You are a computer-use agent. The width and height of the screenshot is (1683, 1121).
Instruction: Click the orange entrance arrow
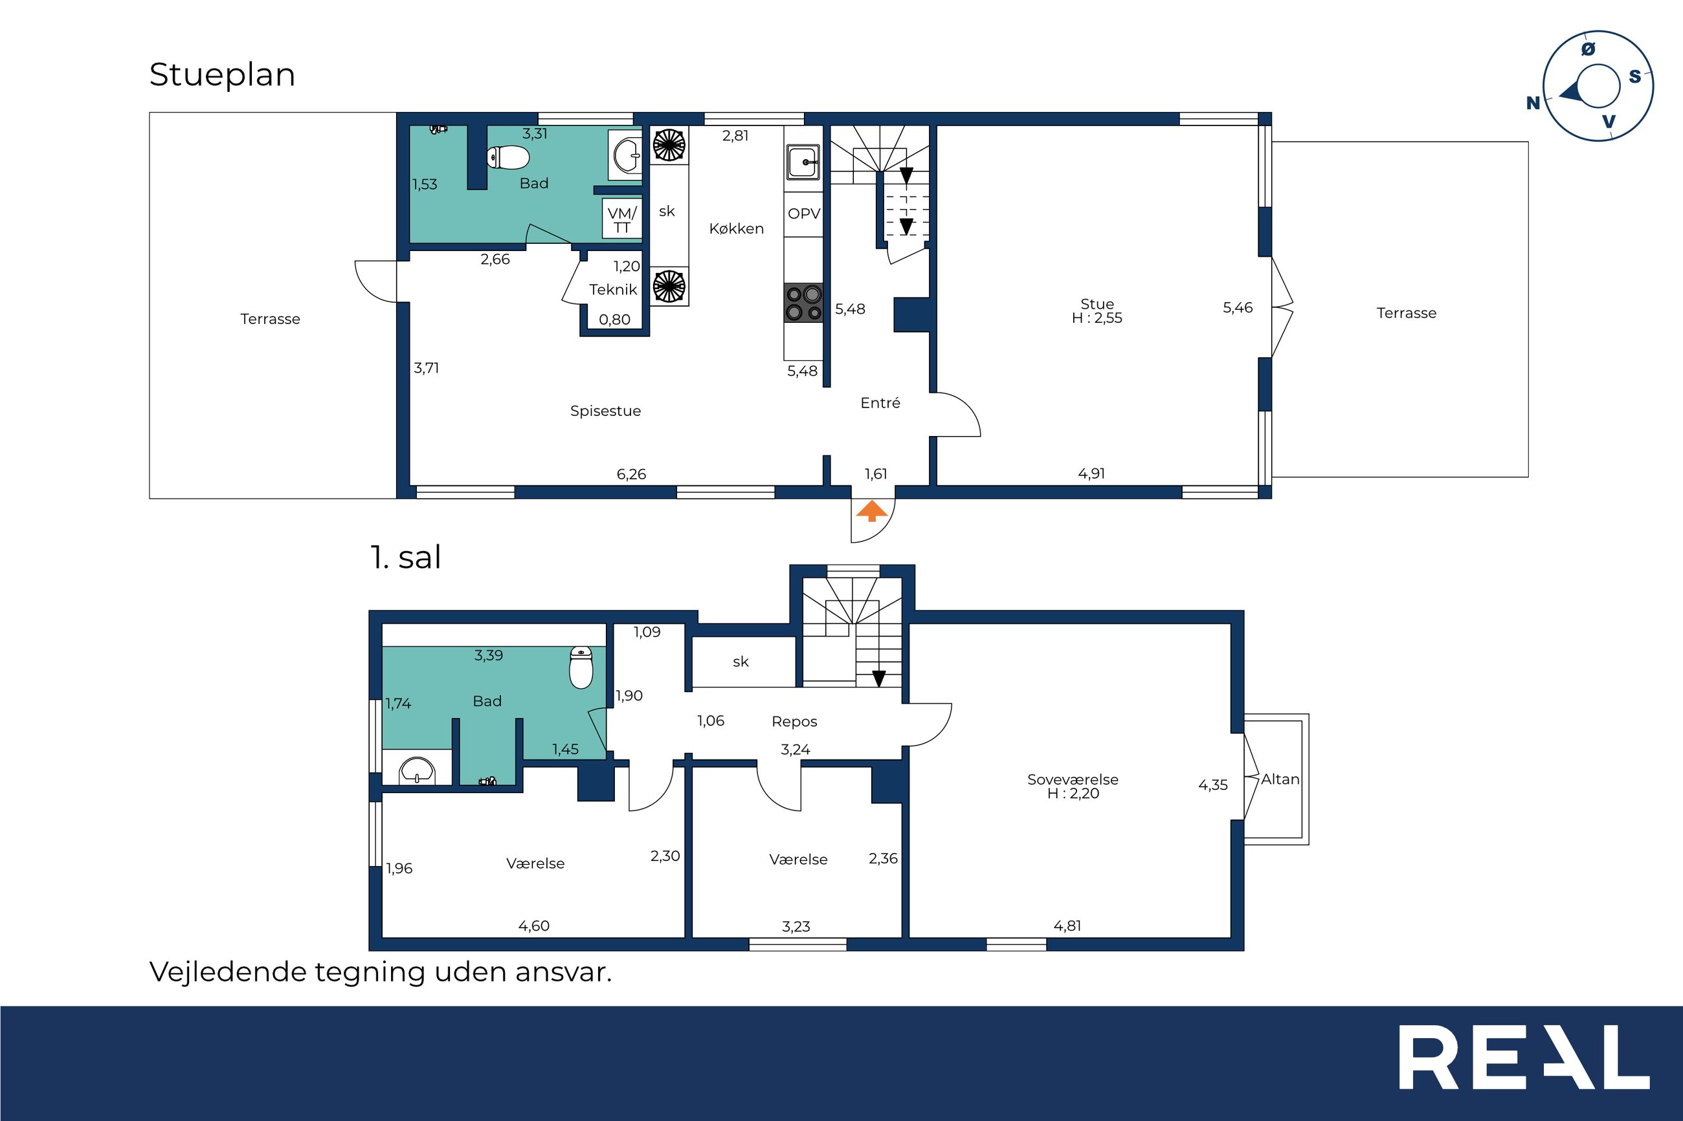point(872,511)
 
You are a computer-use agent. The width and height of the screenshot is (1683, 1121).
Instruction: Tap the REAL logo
point(1524,1067)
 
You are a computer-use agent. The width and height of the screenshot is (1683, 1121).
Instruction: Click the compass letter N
point(1533,103)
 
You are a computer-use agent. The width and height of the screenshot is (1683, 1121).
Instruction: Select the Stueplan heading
point(222,75)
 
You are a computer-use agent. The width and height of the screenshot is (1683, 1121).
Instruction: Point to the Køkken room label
point(737,229)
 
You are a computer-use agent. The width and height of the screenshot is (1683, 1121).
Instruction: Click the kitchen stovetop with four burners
point(803,303)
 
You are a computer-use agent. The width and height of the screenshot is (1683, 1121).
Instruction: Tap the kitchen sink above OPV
point(804,162)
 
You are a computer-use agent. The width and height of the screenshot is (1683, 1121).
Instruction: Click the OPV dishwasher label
point(804,213)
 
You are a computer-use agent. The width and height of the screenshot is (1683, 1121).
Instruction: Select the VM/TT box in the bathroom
point(621,219)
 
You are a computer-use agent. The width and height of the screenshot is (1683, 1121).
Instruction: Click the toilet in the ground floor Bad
point(508,157)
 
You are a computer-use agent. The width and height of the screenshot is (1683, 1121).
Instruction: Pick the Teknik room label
point(613,290)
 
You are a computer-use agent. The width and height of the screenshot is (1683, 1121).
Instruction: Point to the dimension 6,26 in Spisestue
point(632,474)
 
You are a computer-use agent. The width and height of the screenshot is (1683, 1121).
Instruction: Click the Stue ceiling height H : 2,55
point(1097,319)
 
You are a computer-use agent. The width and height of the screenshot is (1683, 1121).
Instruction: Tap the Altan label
point(1280,779)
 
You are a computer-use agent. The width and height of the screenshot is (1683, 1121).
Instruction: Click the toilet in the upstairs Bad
point(581,667)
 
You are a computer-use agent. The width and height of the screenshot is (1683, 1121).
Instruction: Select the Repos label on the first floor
point(795,722)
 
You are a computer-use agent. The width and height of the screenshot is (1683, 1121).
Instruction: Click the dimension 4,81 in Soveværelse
point(1067,926)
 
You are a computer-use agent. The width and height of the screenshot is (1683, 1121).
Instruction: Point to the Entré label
point(880,403)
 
